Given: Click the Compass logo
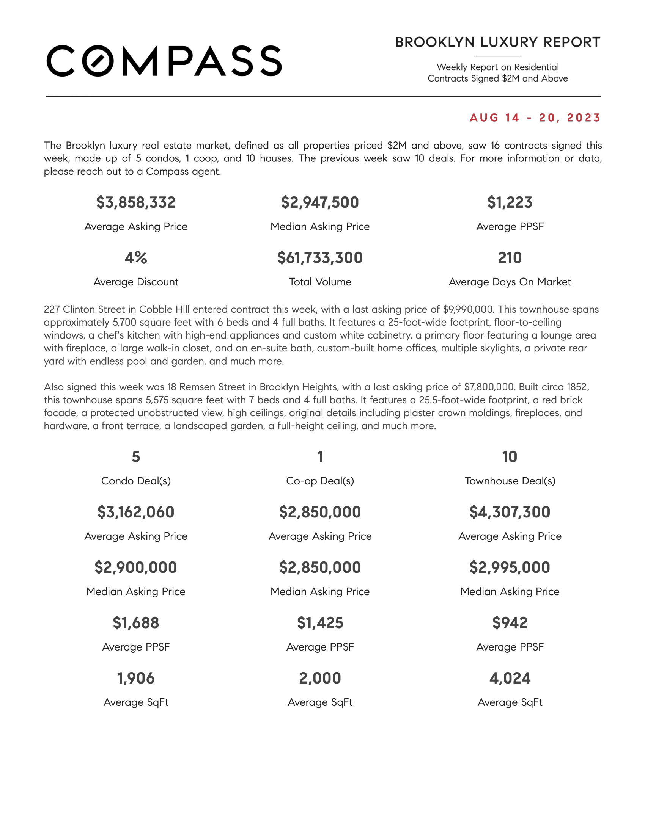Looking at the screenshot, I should (164, 61).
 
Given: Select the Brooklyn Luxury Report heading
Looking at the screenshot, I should (497, 42).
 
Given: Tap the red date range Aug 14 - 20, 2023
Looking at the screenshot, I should (535, 118).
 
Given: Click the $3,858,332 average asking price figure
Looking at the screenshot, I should (136, 202).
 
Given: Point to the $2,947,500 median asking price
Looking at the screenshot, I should (320, 202).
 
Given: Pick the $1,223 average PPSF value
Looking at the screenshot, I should (509, 202).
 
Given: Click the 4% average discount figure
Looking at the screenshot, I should (136, 258).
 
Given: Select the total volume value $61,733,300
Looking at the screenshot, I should (320, 258).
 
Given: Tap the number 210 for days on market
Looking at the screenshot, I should (509, 258).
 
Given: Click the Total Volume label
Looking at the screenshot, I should (320, 282).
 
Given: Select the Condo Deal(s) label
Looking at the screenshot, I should (136, 481).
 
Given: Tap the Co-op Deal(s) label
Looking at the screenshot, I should (320, 481).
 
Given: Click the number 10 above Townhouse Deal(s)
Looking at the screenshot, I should (509, 457).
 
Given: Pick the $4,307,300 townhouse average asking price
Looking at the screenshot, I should (509, 512).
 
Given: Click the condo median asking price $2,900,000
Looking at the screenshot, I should (136, 567).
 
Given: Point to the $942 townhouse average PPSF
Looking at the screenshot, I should (509, 623).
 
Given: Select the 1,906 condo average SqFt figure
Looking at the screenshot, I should (136, 678).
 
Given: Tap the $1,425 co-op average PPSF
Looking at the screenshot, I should (320, 623).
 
